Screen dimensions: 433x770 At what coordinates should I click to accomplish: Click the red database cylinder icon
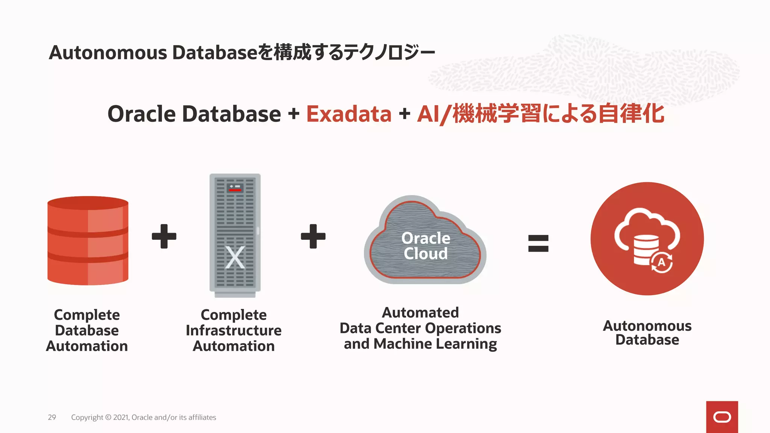pyautogui.click(x=88, y=241)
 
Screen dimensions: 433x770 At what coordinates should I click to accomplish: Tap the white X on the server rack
pyautogui.click(x=235, y=258)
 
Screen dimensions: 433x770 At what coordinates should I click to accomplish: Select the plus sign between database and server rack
pyautogui.click(x=164, y=236)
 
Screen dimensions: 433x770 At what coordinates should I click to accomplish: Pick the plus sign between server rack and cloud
pyautogui.click(x=313, y=236)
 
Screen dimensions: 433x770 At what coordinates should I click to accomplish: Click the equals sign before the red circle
pyautogui.click(x=538, y=243)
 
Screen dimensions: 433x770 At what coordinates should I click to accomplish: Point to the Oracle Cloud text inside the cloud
pyautogui.click(x=426, y=246)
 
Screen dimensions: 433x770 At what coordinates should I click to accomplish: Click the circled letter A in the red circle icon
pyautogui.click(x=661, y=262)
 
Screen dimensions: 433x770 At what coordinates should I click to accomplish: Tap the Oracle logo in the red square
pyautogui.click(x=722, y=417)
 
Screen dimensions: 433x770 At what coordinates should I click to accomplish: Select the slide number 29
pyautogui.click(x=52, y=417)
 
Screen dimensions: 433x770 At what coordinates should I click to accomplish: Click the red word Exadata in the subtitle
pyautogui.click(x=349, y=114)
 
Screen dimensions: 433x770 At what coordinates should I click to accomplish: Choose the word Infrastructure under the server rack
pyautogui.click(x=233, y=330)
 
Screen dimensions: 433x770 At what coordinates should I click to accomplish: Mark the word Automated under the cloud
pyautogui.click(x=420, y=312)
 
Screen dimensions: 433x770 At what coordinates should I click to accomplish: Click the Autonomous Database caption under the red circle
pyautogui.click(x=647, y=333)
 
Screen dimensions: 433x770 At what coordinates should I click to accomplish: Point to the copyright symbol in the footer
pyautogui.click(x=108, y=417)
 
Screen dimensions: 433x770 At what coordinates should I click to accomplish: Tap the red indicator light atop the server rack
pyautogui.click(x=235, y=190)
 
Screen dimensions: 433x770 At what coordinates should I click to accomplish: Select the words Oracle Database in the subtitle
pyautogui.click(x=194, y=114)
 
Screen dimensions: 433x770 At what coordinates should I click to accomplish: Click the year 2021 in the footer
pyautogui.click(x=121, y=417)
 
